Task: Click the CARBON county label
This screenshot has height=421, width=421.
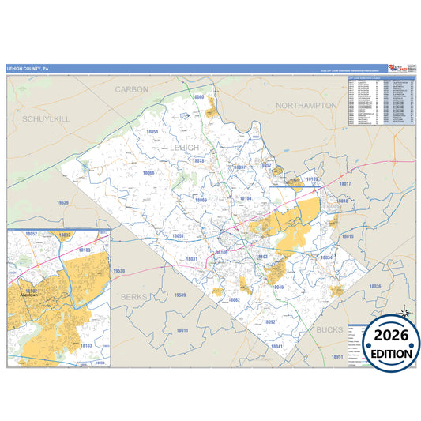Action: coord(131,89)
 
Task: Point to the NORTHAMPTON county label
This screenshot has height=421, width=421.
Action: coord(306,105)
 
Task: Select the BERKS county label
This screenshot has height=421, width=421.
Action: coord(135,295)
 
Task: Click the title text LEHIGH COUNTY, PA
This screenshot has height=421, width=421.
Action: coord(28,68)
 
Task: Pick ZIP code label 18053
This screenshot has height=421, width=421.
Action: coord(152,132)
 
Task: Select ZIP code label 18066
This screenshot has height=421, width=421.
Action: coord(148,173)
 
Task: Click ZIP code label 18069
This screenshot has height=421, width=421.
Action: coord(201,201)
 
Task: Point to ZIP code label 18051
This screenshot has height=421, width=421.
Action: coord(178,236)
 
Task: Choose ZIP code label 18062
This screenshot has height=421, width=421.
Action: coord(234,300)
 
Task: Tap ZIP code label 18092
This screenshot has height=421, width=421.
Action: coord(269,322)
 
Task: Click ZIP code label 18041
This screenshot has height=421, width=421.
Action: coord(276,347)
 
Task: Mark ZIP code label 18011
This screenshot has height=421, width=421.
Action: coord(182,330)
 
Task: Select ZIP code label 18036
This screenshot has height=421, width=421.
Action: coord(375,286)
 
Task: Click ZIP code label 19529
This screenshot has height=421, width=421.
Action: coord(63,203)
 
